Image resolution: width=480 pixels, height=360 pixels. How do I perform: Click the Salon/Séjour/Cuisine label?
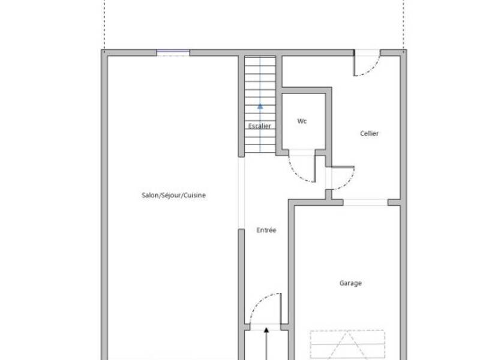[x=173, y=195]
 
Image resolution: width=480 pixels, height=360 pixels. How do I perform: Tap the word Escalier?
[x=259, y=126]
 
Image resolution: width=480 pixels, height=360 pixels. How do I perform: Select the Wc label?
[x=302, y=121]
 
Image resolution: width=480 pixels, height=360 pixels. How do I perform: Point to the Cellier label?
[x=369, y=133]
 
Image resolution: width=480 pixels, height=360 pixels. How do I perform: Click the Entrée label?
[x=266, y=230]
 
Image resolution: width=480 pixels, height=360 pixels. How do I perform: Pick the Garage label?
[x=350, y=283]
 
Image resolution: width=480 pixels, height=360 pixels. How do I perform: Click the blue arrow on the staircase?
[x=260, y=106]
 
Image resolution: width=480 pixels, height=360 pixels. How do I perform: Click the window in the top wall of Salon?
[x=173, y=53]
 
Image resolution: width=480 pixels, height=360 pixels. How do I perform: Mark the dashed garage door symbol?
[x=347, y=344]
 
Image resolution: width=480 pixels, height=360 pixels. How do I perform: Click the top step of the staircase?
[x=260, y=61]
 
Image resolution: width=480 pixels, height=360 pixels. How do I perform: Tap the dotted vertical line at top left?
[x=104, y=24]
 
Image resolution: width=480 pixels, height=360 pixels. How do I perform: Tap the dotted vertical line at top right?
[x=403, y=24]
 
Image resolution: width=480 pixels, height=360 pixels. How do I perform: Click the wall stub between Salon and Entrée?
[x=241, y=282]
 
